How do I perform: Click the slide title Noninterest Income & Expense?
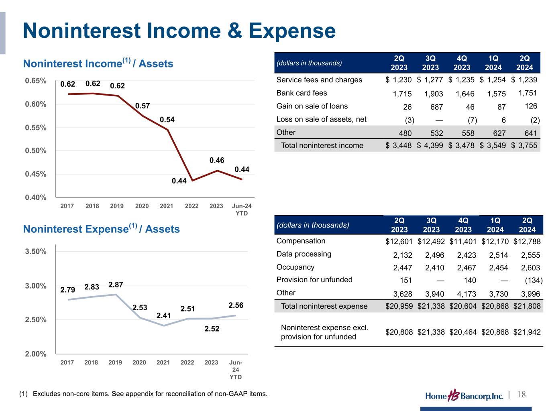tap(179, 31)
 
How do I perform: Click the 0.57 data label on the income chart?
tap(143, 106)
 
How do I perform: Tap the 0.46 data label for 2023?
tap(217, 160)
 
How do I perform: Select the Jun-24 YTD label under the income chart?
tap(242, 210)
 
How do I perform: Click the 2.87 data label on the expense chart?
tap(116, 285)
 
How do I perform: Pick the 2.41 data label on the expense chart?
tap(164, 315)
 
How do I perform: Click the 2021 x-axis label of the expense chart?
tap(163, 362)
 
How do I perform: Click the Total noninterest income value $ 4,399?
tap(430, 146)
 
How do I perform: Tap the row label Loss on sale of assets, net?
tap(321, 119)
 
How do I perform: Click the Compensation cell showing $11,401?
tap(463, 242)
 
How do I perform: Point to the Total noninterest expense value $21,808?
tap(527, 306)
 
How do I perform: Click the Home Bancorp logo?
tap(464, 396)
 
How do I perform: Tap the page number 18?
tap(522, 395)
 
